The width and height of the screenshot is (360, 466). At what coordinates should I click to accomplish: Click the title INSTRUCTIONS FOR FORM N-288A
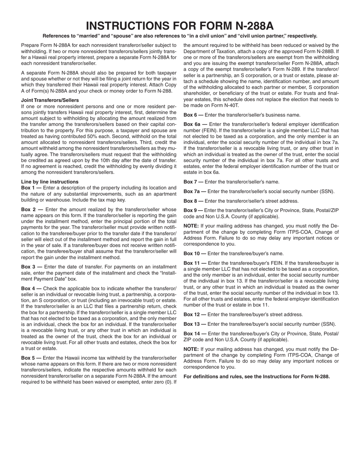coord(180,26)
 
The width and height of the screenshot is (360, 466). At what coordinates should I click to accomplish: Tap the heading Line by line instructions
coord(50,182)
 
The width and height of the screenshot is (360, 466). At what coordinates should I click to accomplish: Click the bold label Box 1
coord(28,188)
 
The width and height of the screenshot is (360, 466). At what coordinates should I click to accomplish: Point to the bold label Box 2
coord(28,210)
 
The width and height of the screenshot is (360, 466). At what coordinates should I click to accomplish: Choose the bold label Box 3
coord(28,267)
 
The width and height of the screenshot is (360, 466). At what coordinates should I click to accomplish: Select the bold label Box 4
coord(28,288)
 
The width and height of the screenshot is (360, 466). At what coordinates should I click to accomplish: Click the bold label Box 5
coord(28,358)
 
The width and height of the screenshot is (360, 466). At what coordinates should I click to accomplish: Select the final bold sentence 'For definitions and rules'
coord(257,377)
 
